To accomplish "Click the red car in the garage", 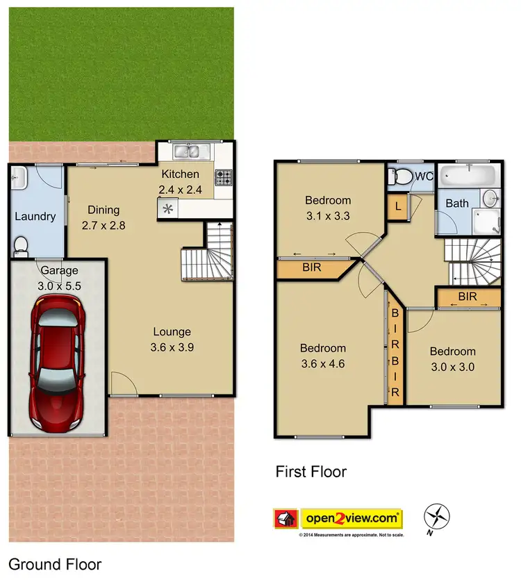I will [x=58, y=361].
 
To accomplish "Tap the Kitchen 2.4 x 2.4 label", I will [x=180, y=181].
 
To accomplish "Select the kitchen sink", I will [x=187, y=151].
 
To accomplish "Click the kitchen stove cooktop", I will [x=224, y=177].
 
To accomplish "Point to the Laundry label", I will [x=35, y=217].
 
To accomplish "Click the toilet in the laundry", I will [x=22, y=245].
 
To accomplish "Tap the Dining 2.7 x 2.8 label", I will [x=103, y=217].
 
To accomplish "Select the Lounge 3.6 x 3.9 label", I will [x=172, y=339].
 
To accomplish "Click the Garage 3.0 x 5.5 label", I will [x=59, y=277].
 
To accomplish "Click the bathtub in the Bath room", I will [x=469, y=174].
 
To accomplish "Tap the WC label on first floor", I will [x=423, y=176].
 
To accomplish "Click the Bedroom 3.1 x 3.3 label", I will [x=328, y=208].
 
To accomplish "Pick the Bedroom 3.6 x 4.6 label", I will [x=322, y=355].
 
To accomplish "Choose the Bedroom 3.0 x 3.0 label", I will [x=452, y=359].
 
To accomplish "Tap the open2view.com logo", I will [x=351, y=518].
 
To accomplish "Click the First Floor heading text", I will [x=311, y=472].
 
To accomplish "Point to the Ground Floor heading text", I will [x=55, y=564].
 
